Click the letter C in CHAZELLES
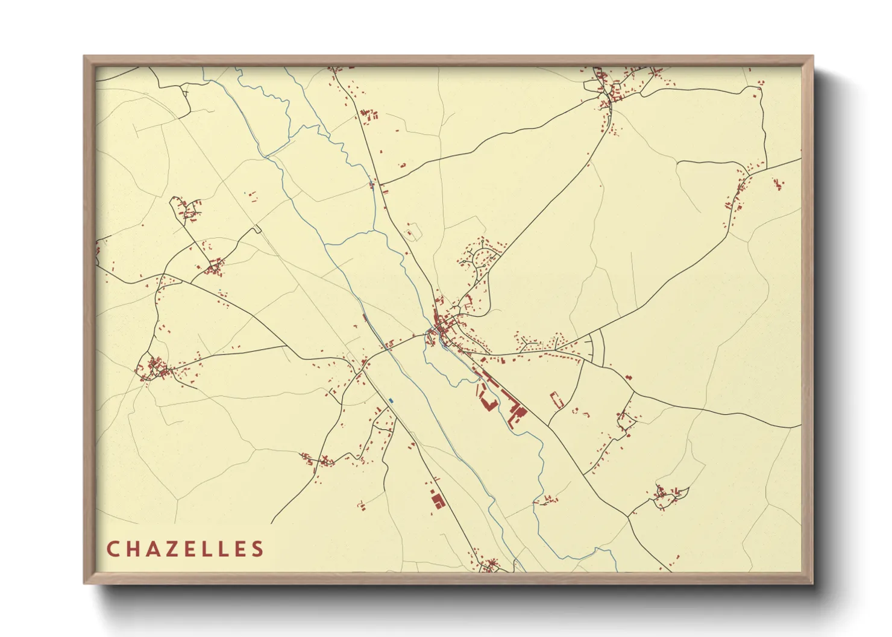coord(113,549)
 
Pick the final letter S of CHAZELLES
coord(258,549)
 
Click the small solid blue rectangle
coord(391,400)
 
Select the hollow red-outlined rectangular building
coord(556,400)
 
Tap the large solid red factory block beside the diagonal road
coord(516,412)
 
